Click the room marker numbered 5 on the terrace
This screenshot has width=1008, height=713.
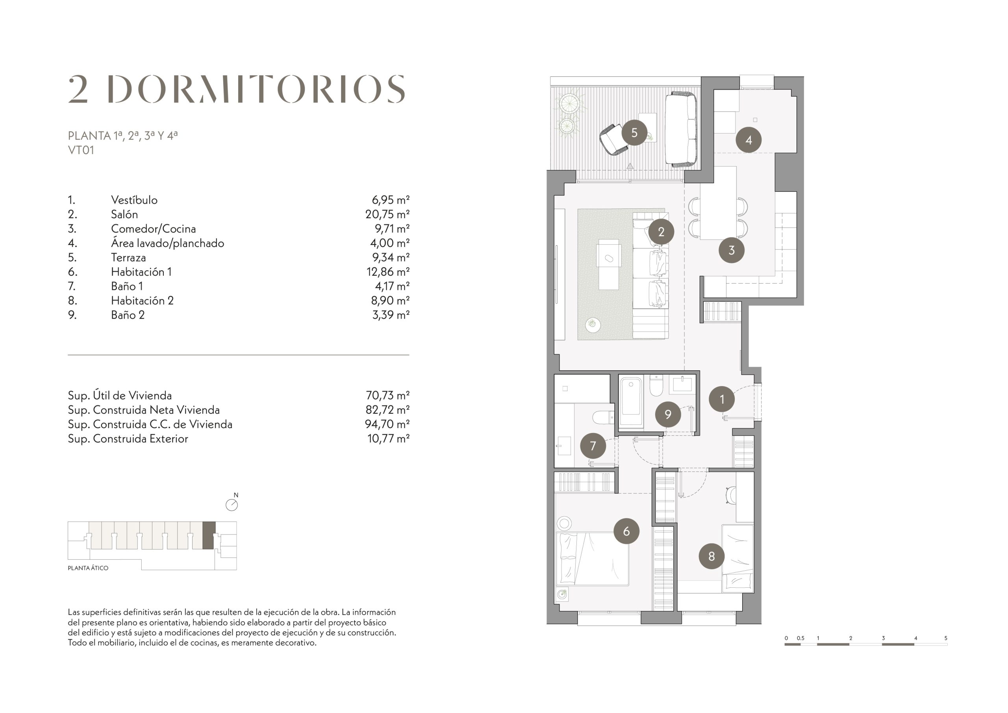[x=634, y=133]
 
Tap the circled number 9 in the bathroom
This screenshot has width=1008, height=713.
[x=668, y=414]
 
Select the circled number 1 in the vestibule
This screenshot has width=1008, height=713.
[x=722, y=399]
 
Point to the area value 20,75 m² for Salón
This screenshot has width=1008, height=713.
[x=387, y=214]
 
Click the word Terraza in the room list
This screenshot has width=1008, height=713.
[x=128, y=258]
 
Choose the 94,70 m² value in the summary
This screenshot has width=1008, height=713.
[x=387, y=424]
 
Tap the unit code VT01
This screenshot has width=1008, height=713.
[x=81, y=150]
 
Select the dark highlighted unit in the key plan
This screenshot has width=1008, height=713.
[x=209, y=535]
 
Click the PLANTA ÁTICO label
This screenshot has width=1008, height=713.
[x=88, y=568]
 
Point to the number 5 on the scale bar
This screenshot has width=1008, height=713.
[x=946, y=638]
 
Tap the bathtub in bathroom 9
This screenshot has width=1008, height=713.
[x=631, y=402]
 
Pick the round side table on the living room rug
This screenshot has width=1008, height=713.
[x=593, y=325]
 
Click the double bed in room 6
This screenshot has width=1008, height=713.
[x=592, y=559]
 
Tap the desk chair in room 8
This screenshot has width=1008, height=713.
[x=730, y=495]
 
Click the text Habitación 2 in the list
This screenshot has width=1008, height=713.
[x=142, y=301]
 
